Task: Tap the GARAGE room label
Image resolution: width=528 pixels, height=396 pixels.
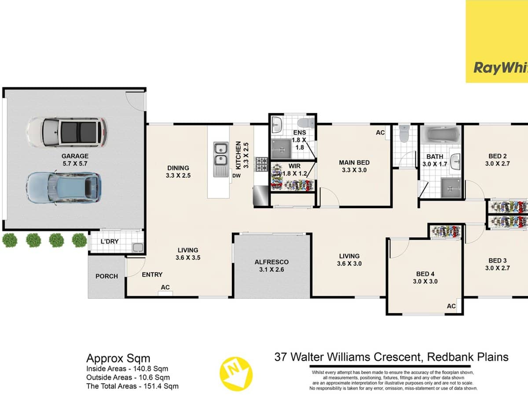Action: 75,156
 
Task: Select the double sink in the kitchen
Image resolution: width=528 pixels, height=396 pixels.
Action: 220,154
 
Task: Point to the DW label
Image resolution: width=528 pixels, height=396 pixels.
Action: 236,176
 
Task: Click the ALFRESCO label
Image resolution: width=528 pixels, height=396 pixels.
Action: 271,262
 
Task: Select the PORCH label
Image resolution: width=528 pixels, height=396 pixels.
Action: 106,276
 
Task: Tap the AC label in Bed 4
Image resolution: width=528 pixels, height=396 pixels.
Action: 451,306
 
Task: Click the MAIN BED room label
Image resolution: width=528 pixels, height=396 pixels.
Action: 354,162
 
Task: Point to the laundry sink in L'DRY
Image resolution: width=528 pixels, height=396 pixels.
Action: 137,247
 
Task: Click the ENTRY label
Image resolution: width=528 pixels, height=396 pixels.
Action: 152,275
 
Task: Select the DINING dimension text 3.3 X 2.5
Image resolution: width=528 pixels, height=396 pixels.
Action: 178,176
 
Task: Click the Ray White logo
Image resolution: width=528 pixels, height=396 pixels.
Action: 500,68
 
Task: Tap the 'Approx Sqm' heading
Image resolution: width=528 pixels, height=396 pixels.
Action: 118,358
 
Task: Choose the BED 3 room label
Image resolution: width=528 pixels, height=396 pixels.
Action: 497,260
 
